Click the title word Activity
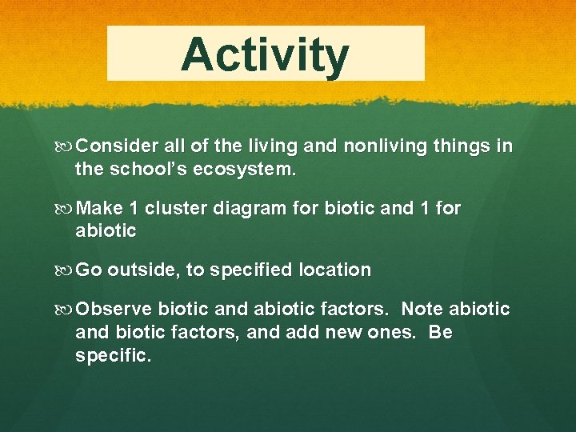pos(265,54)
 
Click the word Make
pos(99,208)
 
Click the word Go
pos(88,270)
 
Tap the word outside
pos(143,270)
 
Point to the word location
pos(335,270)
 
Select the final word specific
pos(112,355)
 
